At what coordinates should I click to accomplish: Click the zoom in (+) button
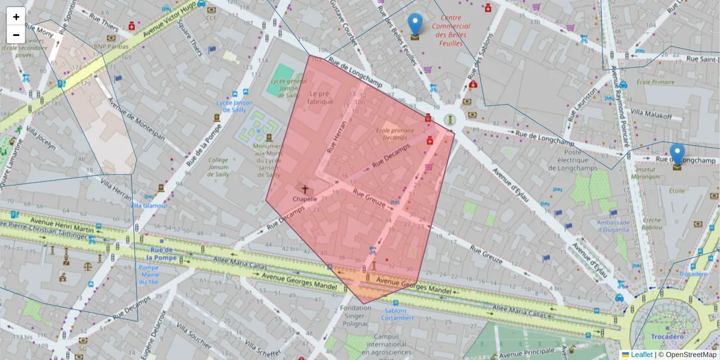tap(16, 17)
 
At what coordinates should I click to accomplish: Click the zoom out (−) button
tap(16, 35)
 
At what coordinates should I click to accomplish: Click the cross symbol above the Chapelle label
tap(305, 189)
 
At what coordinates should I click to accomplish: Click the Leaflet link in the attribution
tap(641, 355)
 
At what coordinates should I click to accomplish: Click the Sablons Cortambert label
tap(395, 314)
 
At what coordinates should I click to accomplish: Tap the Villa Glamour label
tap(149, 206)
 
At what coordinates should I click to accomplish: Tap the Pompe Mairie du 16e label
tap(148, 274)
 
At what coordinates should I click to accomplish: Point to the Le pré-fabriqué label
tap(321, 98)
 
